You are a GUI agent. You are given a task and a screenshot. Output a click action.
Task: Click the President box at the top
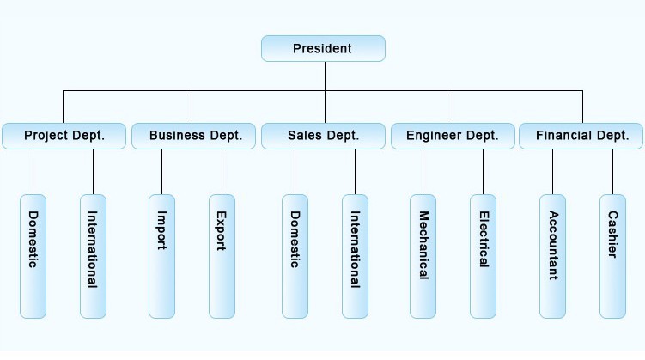coord(323,48)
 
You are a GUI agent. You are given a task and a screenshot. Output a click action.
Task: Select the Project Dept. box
coord(64,136)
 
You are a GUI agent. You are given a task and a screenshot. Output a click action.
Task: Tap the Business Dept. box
coord(192,136)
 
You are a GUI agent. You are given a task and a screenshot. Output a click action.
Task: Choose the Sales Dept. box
coord(323,136)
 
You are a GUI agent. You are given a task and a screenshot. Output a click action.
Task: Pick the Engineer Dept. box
coord(453,136)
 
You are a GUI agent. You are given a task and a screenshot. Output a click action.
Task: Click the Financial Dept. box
coord(581,136)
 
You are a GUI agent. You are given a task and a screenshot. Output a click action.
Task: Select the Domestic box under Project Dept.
coord(33,255)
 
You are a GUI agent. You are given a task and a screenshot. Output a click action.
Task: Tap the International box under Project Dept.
coord(93,255)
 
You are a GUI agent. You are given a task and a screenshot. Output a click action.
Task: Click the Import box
coord(161,255)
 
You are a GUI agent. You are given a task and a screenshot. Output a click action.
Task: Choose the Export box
coord(222,255)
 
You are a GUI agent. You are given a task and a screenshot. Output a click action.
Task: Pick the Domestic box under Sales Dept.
coord(295,255)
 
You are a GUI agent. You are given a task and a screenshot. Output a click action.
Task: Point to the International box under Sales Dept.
coord(355,255)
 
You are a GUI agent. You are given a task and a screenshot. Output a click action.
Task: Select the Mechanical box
coord(423,255)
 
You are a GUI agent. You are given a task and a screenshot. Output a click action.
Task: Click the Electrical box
coord(483,255)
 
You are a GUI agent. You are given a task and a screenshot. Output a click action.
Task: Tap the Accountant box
coord(553,255)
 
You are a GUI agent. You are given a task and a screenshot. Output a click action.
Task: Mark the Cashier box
coord(612,255)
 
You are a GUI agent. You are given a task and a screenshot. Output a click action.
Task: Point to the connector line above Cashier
coord(612,172)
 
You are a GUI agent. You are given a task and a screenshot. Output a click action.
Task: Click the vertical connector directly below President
coord(325,75)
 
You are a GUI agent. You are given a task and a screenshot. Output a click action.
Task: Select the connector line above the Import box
coord(161,172)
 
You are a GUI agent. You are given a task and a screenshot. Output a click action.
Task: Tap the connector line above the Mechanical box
coord(423,172)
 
